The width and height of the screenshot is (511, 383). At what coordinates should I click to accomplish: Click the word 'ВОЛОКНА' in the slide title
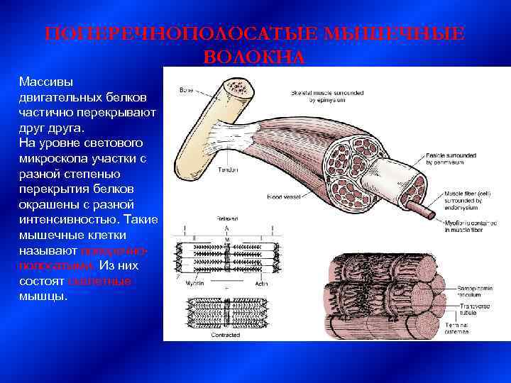pos(254,57)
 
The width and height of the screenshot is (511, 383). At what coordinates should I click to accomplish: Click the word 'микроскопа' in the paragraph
pos(51,158)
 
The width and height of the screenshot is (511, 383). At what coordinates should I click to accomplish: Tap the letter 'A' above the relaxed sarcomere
pos(226,229)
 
